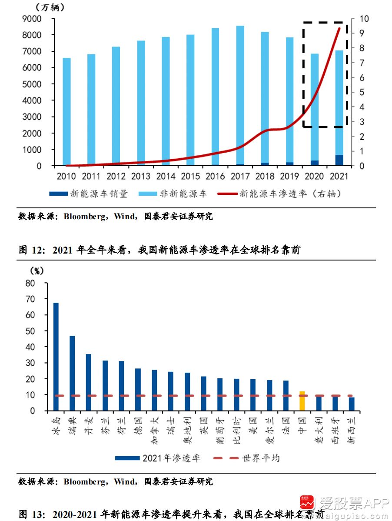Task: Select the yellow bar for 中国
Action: coord(302,401)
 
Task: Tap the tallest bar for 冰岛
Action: coord(56,356)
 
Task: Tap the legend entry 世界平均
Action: coord(260,458)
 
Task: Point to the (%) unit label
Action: coord(37,271)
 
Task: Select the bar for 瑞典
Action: coord(72,373)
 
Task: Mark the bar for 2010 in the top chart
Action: coord(66,112)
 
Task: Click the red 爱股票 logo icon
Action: coord(307,504)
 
